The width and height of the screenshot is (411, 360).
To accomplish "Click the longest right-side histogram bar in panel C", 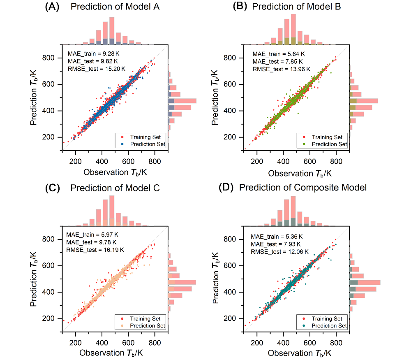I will [x=182, y=282].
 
